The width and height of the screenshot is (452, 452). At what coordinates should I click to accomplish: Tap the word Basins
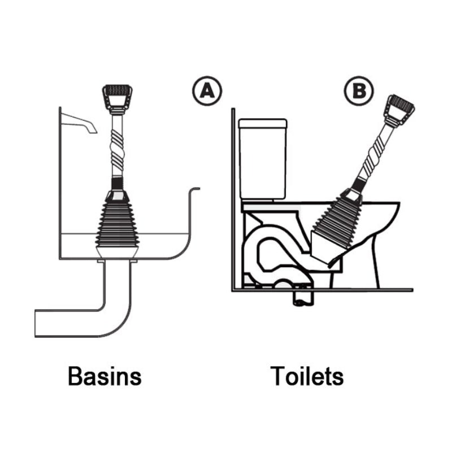[105, 376]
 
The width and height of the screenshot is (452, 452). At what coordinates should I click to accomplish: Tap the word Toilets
[307, 376]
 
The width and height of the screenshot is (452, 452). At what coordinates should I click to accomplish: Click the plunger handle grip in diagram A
[117, 96]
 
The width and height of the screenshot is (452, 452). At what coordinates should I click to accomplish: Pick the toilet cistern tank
[262, 158]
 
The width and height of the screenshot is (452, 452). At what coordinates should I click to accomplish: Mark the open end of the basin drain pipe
[37, 323]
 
